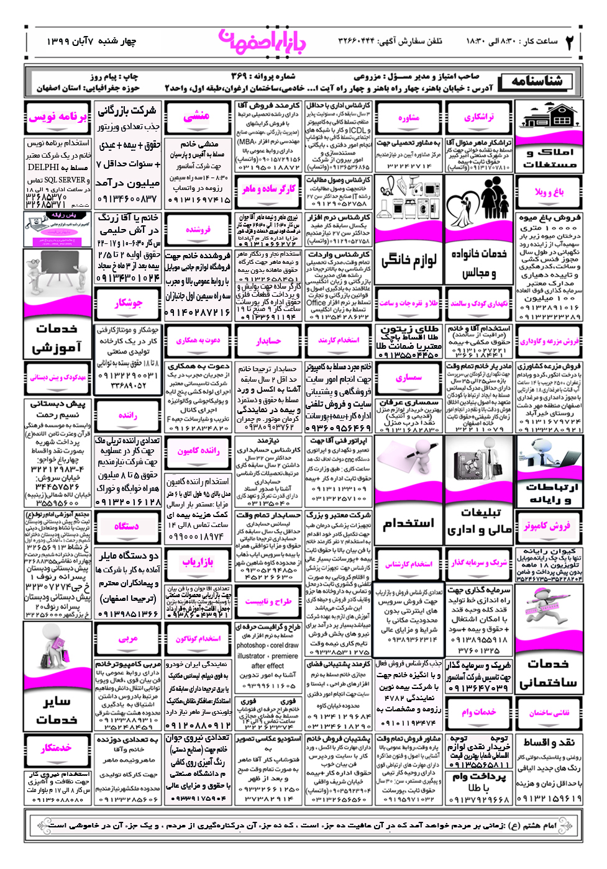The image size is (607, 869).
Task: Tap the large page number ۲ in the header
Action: pyautogui.click(x=570, y=42)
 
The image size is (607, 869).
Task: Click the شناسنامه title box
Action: pyautogui.click(x=537, y=81)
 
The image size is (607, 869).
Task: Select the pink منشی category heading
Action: pyautogui.click(x=196, y=116)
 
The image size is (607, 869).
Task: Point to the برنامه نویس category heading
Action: pyautogui.click(x=58, y=116)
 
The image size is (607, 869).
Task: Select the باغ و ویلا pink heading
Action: pyautogui.click(x=549, y=192)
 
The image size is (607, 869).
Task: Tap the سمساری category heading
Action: pyautogui.click(x=409, y=377)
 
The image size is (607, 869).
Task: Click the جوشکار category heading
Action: pyautogui.click(x=129, y=303)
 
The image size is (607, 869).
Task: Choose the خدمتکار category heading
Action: pyautogui.click(x=57, y=748)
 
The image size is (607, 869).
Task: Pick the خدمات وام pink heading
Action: pyautogui.click(x=479, y=712)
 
